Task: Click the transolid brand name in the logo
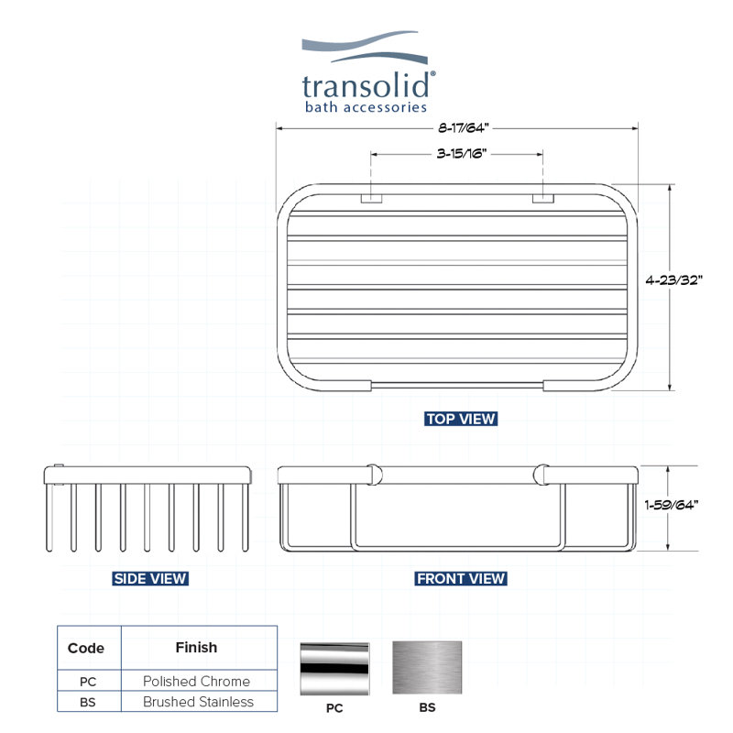(x=366, y=85)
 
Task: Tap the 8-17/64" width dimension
(x=463, y=127)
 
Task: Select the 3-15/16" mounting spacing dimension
(x=462, y=153)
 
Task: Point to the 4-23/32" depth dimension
(x=673, y=280)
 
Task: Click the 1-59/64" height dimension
(x=672, y=505)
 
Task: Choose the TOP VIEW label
(x=461, y=419)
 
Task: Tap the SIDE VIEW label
(x=150, y=579)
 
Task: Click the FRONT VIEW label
(x=461, y=579)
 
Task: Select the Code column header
(x=86, y=648)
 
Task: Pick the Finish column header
(x=196, y=648)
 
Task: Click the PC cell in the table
(x=88, y=682)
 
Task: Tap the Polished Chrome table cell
(x=196, y=681)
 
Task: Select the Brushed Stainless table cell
(x=198, y=702)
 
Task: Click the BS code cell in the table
(x=88, y=702)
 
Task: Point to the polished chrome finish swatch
(x=334, y=668)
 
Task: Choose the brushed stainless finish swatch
(x=427, y=668)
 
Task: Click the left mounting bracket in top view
(x=372, y=198)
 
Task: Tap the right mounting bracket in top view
(x=543, y=198)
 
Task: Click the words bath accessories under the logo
(x=366, y=107)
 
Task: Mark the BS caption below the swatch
(x=427, y=707)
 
